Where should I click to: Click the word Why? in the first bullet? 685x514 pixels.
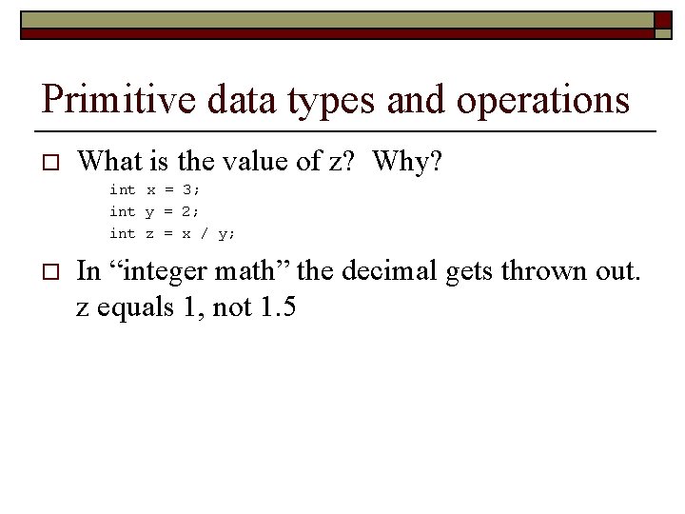[407, 162]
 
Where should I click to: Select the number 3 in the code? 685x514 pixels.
[187, 189]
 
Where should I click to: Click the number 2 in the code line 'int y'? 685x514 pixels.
[187, 211]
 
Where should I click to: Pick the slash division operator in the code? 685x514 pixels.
[205, 233]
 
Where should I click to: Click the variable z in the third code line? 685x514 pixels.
[150, 233]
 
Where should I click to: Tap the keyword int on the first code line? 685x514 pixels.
[122, 189]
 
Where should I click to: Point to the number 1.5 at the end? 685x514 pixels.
[277, 307]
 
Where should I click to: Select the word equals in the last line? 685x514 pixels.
[127, 309]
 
